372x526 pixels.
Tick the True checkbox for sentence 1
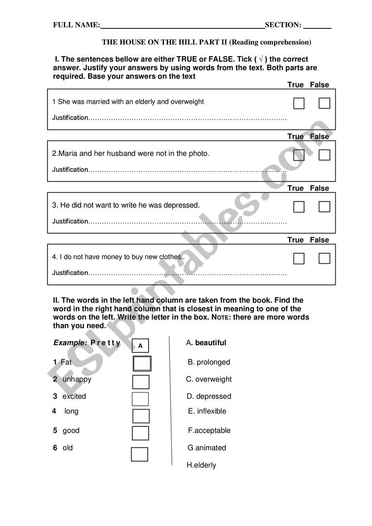(x=299, y=104)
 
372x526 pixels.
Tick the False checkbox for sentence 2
(x=324, y=155)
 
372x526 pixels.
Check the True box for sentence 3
(x=299, y=207)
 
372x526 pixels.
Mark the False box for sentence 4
(x=324, y=259)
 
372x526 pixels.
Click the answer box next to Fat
(x=142, y=363)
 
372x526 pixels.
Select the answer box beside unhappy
(x=141, y=382)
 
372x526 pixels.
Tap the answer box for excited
(x=140, y=399)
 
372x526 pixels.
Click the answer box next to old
(x=140, y=454)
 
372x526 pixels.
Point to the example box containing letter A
(x=140, y=346)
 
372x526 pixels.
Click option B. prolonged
(x=209, y=362)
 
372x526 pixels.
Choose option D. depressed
(x=209, y=396)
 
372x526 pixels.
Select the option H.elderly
(x=202, y=465)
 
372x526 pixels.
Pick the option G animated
(x=207, y=448)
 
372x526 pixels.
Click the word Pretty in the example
(x=106, y=343)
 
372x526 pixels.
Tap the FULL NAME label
(x=76, y=25)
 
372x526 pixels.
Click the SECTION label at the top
(x=283, y=25)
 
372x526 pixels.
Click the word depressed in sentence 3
(x=183, y=205)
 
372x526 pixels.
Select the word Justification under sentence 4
(x=70, y=273)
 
